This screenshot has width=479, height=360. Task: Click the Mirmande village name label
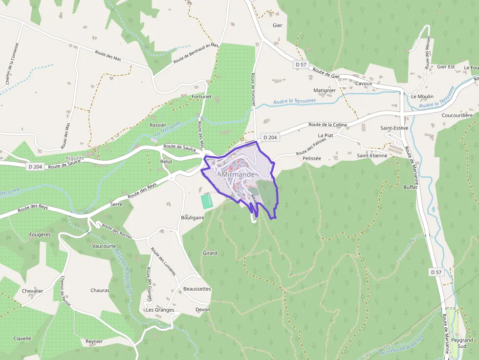pos(238,174)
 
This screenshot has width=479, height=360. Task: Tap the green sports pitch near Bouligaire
pos(207,200)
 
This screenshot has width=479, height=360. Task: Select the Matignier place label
pos(325,90)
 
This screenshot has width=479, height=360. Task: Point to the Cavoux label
pos(364,84)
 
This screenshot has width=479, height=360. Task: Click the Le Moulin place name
pos(422,97)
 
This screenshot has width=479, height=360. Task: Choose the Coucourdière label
pos(457,115)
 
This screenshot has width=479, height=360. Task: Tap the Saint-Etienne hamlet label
pos(372,155)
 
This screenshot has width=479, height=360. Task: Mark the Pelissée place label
pos(312,159)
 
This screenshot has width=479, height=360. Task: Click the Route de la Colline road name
pos(327,125)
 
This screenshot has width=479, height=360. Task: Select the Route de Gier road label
pos(326,72)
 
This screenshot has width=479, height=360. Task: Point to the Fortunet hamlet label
pos(202,97)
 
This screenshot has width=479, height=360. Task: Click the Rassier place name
pos(158,125)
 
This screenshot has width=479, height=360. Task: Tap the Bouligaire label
pos(192,217)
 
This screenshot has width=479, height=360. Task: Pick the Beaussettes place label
pos(197,289)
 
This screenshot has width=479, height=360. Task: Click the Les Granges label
pos(160,310)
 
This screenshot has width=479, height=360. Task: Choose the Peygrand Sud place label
pos(462,343)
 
